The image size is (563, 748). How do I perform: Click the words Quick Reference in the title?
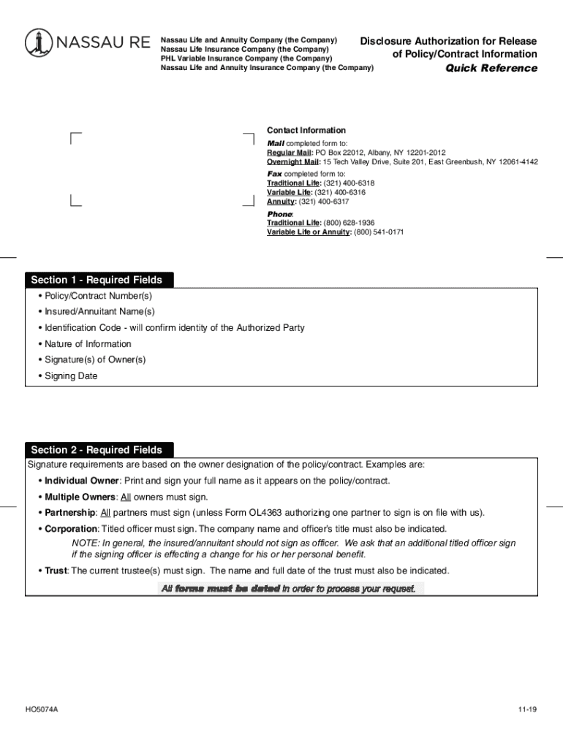coord(491,69)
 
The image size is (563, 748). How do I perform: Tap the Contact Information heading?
coord(306,131)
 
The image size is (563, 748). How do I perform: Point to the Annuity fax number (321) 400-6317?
coord(324,202)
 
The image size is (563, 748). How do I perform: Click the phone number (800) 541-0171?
coord(379,232)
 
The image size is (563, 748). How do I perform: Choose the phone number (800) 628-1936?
coord(349,223)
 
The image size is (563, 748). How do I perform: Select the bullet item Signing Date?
coord(71,376)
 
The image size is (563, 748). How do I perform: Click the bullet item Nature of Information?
coord(88,344)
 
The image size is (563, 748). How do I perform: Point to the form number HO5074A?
coord(42,709)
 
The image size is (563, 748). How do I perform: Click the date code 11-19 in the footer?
coord(527,709)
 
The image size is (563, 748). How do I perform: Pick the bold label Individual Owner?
coord(81,481)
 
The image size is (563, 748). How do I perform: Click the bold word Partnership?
coord(69,513)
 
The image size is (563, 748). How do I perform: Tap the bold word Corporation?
coord(71,529)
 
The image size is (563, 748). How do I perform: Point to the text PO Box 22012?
coord(341,153)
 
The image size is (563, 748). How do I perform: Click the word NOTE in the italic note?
coord(84,543)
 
